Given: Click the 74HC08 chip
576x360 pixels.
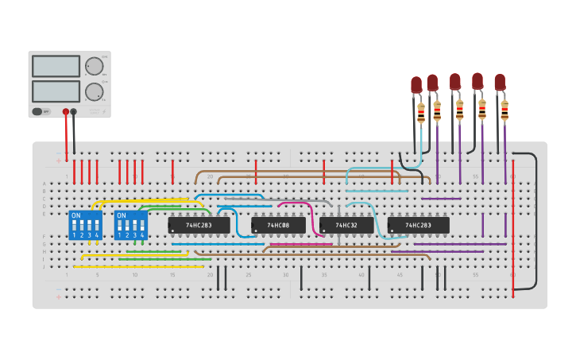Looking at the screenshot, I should tap(278, 226).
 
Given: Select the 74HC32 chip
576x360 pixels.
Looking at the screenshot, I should tap(346, 226).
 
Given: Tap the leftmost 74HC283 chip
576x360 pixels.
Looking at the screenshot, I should tap(199, 226).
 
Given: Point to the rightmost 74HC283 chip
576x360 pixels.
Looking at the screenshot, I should tap(418, 226).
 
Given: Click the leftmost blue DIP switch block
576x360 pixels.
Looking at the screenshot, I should tap(86, 226).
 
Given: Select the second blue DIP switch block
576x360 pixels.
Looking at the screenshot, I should tap(131, 226).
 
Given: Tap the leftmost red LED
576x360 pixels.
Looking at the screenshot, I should tap(416, 84).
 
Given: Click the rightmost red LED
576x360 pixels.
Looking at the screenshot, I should tap(500, 82).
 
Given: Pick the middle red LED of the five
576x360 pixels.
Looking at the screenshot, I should tap(454, 82).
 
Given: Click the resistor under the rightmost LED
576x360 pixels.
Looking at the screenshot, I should tap(504, 111).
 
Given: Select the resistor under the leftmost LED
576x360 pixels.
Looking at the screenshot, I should tap(421, 115).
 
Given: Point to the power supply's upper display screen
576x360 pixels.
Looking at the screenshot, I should tap(56, 66).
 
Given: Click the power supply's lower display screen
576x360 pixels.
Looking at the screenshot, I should tap(56, 91).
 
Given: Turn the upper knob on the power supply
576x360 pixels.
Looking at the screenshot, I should tap(94, 66).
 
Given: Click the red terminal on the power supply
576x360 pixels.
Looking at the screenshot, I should tap(65, 111).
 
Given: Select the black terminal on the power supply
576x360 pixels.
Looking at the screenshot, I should tap(74, 111).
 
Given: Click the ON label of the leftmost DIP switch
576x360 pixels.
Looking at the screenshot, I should tap(76, 215).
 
